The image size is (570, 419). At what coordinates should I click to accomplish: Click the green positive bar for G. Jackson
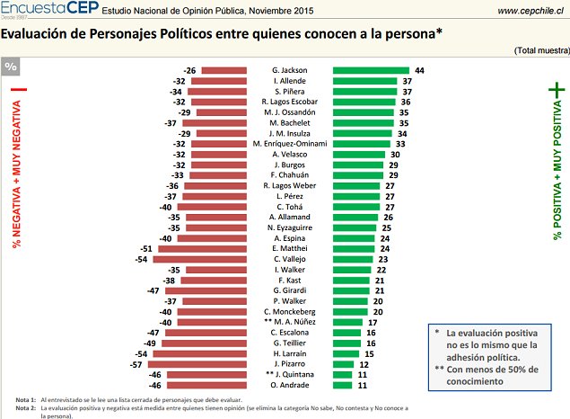(371, 70)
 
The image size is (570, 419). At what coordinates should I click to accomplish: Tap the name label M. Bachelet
(289, 122)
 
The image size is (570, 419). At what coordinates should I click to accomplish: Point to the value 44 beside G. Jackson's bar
(419, 70)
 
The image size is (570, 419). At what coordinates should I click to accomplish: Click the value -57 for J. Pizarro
(136, 365)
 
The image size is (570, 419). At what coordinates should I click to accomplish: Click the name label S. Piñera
(289, 91)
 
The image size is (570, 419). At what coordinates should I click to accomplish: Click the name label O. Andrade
(289, 386)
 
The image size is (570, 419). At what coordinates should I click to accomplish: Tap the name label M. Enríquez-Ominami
(289, 143)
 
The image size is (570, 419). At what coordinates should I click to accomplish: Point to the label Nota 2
(25, 407)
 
